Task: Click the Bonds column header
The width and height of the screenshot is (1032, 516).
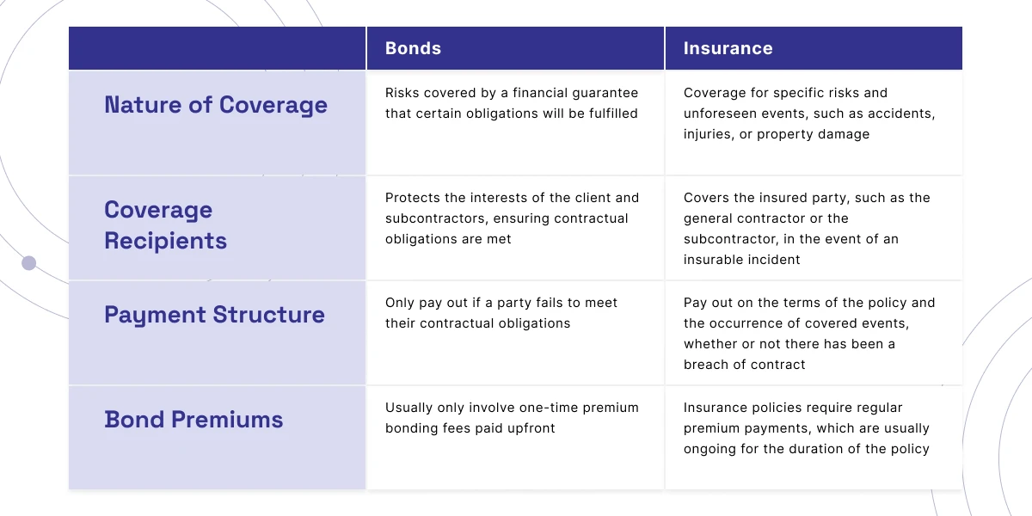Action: [413, 49]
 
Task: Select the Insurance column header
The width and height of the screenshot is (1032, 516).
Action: [728, 49]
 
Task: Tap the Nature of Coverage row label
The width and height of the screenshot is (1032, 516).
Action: [216, 105]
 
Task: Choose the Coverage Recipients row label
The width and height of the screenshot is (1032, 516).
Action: [166, 225]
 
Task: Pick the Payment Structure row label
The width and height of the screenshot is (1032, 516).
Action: [214, 315]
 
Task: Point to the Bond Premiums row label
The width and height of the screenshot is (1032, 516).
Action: [193, 420]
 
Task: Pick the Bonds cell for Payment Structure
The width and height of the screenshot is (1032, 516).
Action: [501, 313]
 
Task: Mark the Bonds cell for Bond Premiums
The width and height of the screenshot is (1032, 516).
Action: [512, 418]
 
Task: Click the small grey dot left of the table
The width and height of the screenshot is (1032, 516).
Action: [28, 263]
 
